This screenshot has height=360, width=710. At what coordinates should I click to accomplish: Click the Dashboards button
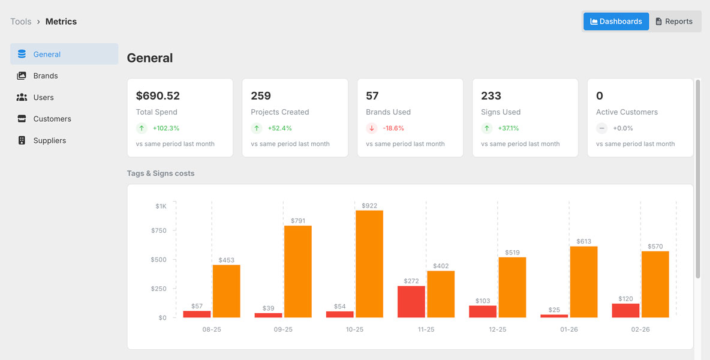(616, 22)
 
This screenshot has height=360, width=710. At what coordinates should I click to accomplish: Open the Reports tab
(674, 22)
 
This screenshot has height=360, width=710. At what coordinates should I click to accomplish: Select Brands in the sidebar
(46, 76)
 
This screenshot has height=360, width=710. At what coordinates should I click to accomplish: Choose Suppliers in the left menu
(50, 140)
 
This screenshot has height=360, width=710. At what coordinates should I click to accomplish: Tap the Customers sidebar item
(52, 119)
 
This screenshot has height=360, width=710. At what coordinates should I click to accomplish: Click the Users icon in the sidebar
(22, 97)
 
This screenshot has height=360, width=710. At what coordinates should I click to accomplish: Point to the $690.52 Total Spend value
(158, 96)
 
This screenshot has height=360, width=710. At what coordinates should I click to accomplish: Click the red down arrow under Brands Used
(372, 128)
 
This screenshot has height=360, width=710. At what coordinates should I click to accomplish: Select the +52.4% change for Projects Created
(279, 128)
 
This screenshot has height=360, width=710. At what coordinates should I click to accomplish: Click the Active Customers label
(627, 112)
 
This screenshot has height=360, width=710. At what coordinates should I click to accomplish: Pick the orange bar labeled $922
(369, 264)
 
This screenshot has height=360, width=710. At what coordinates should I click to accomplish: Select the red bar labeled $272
(411, 302)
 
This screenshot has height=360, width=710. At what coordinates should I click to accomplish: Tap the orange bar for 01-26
(583, 282)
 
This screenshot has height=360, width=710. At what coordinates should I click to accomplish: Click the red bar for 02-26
(625, 310)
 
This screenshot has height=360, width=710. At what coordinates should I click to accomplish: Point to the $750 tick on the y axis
(159, 230)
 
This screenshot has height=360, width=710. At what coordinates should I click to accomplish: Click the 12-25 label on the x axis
(497, 329)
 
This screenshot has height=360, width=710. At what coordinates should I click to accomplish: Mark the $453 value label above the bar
(226, 260)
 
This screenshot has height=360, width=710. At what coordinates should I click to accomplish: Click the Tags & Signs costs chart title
(161, 173)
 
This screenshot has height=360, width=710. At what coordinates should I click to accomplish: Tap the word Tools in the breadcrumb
(20, 22)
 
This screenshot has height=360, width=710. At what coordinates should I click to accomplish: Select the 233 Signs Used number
(491, 96)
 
